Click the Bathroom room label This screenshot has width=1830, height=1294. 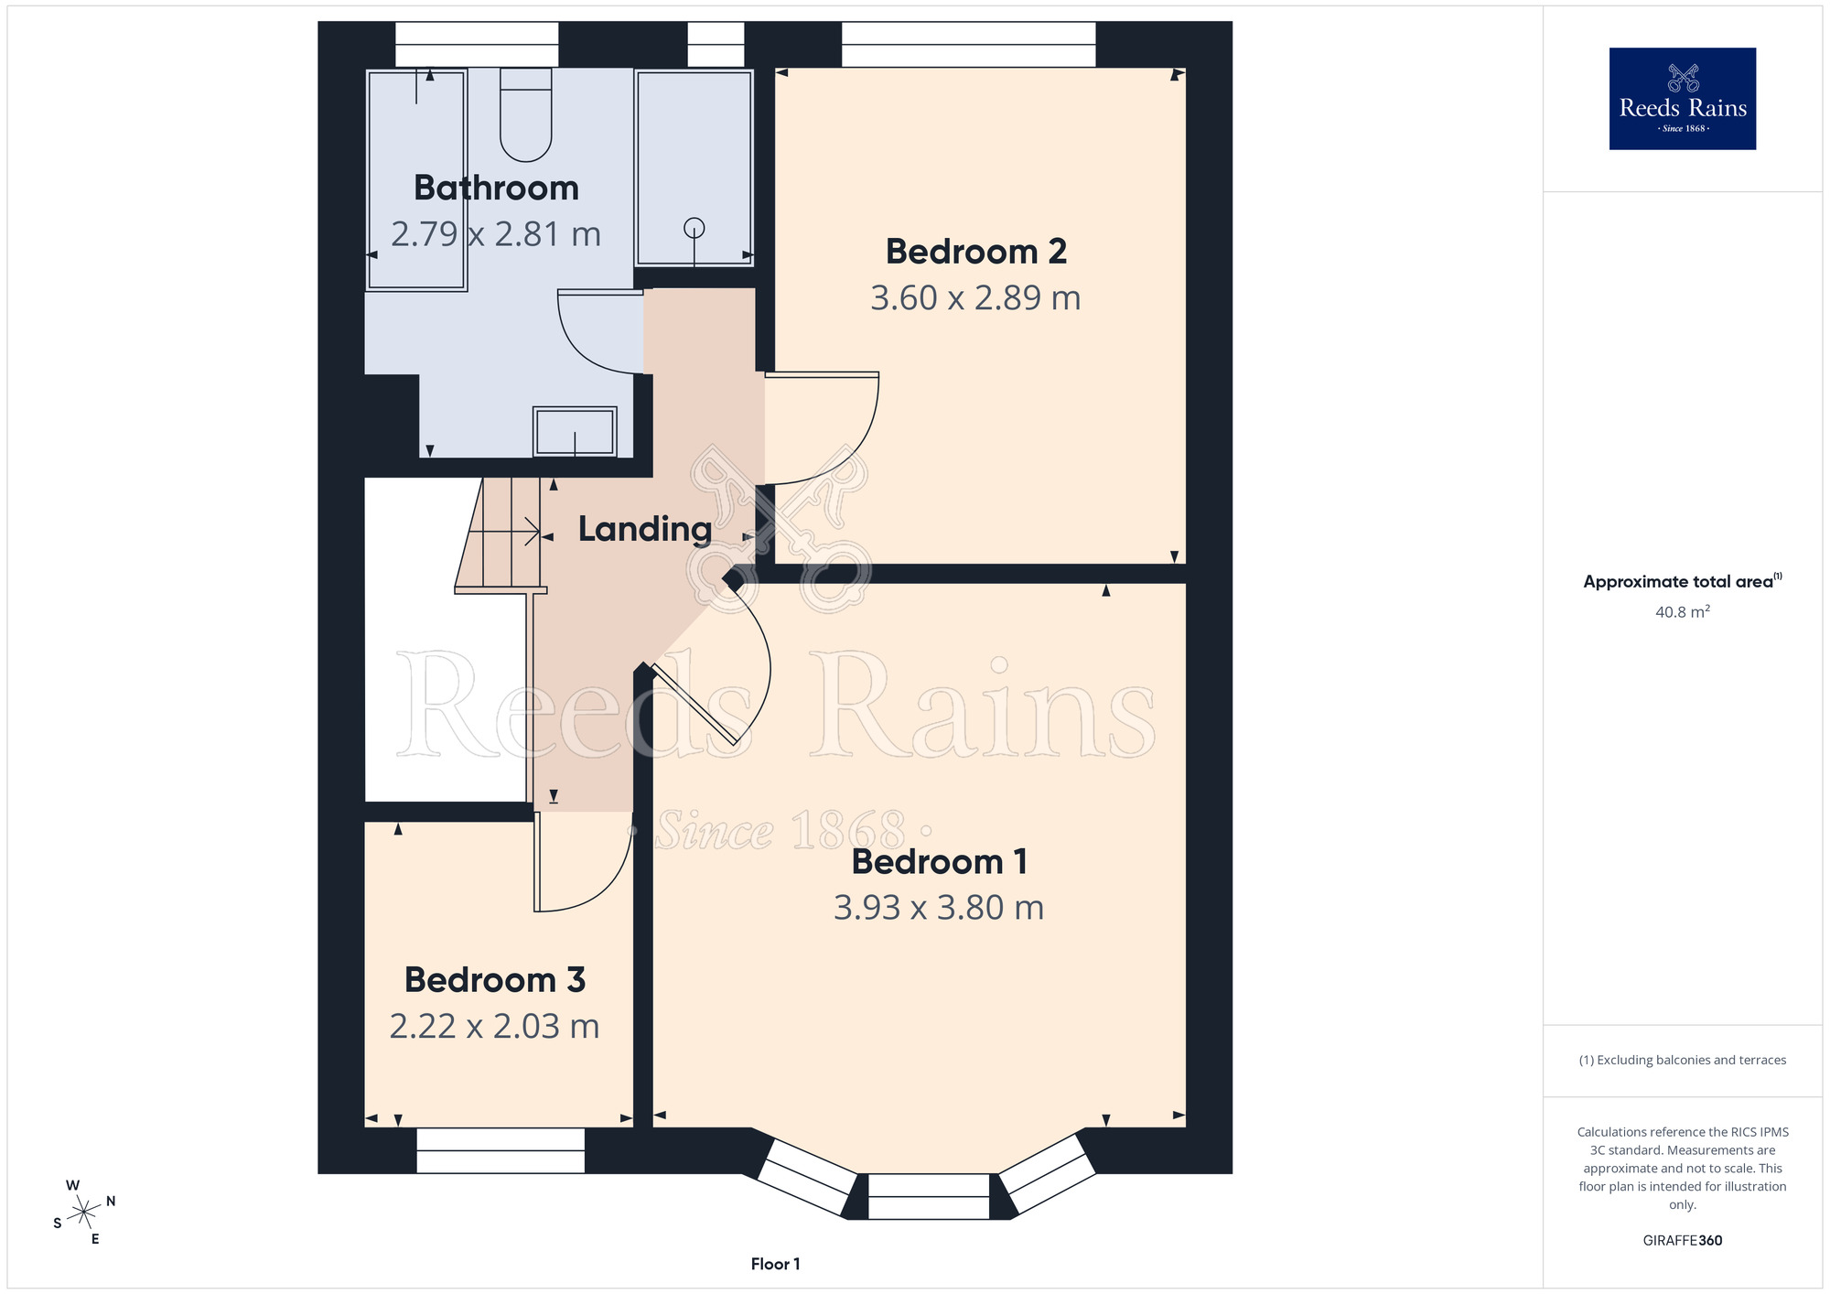click(496, 188)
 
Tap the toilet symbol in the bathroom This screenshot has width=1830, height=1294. click(526, 114)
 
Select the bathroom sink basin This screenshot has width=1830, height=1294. click(575, 431)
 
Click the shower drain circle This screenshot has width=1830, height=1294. click(694, 227)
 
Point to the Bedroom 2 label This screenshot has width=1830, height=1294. click(976, 251)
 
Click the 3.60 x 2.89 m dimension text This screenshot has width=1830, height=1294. click(975, 297)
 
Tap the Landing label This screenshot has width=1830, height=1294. click(645, 529)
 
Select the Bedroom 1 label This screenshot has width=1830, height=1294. click(940, 861)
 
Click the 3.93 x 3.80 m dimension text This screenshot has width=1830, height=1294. click(939, 907)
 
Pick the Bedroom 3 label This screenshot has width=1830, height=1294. click(495, 979)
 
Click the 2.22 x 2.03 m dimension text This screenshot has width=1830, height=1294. click(494, 1026)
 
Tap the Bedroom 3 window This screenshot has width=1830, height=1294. click(501, 1150)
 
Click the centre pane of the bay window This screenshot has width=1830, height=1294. click(929, 1196)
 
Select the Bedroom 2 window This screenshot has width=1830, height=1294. click(968, 45)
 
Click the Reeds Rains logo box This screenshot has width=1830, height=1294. click(1683, 99)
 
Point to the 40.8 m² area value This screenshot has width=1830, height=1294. click(1683, 611)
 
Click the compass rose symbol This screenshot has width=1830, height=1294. click(84, 1213)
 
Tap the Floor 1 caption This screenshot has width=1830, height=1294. click(775, 1264)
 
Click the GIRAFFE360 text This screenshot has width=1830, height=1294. click(1683, 1240)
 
